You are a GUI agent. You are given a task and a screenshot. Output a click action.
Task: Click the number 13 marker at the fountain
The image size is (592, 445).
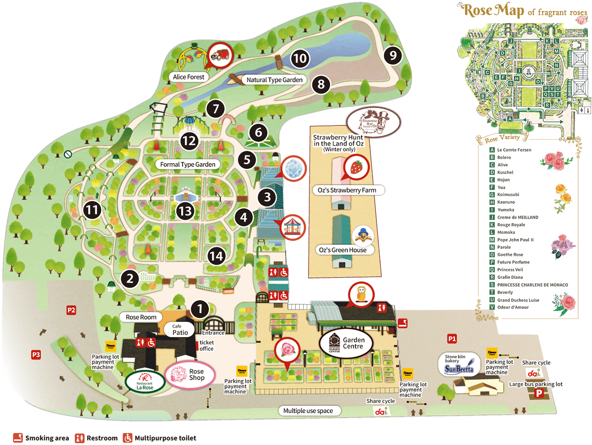coord(185,211)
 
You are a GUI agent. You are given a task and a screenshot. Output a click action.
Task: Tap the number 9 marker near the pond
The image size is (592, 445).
coord(393,55)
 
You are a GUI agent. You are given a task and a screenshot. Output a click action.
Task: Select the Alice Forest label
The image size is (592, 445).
coord(189,77)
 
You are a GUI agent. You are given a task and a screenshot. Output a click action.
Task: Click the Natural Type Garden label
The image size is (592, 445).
coord(274,79)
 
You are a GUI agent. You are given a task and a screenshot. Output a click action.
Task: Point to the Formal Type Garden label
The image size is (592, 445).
coord(187,164)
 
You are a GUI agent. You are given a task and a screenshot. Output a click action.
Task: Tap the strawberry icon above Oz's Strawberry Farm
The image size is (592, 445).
coord(356,167)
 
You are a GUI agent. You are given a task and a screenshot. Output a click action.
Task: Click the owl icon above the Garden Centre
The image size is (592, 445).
coord(361,294)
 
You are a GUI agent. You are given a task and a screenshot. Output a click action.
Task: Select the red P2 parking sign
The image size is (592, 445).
coord(71,310)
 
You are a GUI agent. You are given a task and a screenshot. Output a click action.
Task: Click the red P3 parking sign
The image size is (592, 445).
coord(36,354)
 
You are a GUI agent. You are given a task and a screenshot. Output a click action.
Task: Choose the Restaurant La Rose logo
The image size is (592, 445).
coord(145,382)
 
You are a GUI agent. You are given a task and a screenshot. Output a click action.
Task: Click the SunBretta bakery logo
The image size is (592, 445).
coord(459,365)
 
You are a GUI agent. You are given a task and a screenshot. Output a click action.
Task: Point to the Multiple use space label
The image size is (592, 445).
coord(308,410)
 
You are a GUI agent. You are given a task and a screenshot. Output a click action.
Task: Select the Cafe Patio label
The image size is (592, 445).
coord(180,329)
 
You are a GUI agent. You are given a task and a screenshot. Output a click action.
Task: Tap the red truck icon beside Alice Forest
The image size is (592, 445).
coord(220,55)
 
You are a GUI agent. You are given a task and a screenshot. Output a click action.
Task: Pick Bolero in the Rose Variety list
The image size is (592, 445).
coord(504,157)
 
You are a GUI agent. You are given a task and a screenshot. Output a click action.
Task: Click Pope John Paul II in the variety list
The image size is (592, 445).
coord(515,240)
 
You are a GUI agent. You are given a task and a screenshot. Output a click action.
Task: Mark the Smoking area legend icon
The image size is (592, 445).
coord(18,438)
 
